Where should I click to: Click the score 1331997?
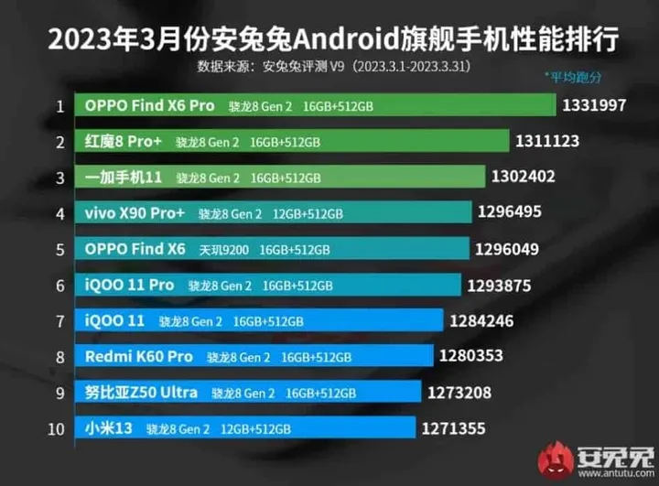[595, 105]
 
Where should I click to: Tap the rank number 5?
[59, 249]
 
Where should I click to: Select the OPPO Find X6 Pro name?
[149, 105]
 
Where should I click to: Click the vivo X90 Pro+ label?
[135, 213]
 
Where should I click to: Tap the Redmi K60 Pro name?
[139, 356]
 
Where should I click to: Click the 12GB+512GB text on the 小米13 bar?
[255, 428]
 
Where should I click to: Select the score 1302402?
[524, 177]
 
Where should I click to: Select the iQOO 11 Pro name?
[129, 285]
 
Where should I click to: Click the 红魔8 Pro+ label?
[124, 142]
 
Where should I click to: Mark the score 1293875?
[499, 286]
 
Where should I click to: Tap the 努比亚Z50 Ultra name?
[141, 393]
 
